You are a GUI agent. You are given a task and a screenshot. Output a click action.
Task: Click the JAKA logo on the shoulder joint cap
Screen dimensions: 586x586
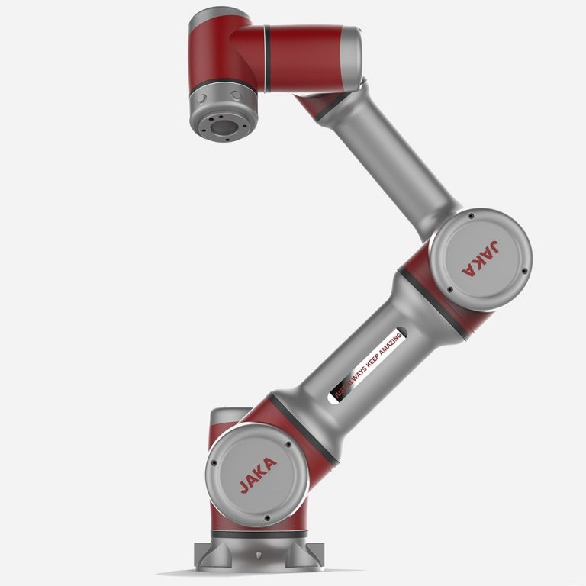(x=259, y=474)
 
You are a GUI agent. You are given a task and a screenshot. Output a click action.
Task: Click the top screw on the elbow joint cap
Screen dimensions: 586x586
(x=471, y=217)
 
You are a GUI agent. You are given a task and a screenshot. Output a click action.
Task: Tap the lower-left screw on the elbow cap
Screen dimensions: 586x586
(x=449, y=289)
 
